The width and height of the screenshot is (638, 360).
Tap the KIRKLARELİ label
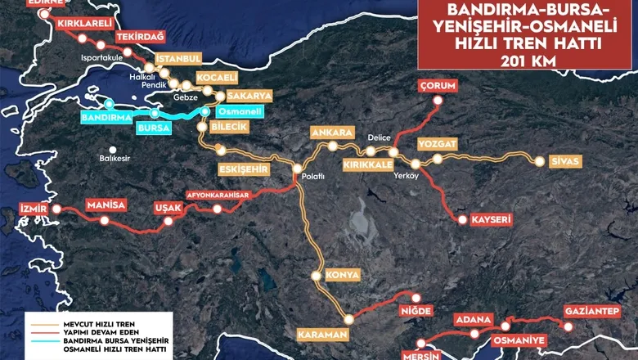point(85,25)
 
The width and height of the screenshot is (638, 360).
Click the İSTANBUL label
point(179,60)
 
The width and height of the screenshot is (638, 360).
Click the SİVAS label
point(565,161)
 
